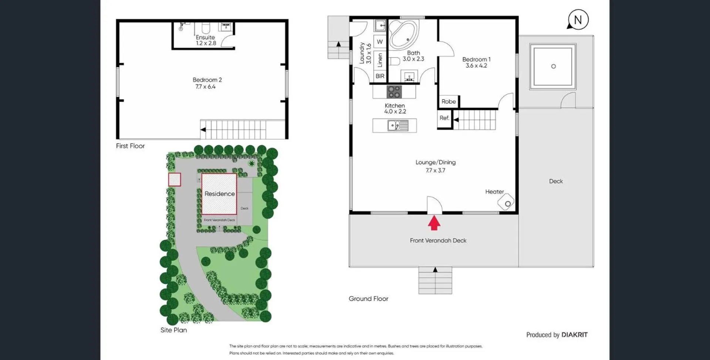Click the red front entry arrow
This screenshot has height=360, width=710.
(x=434, y=223)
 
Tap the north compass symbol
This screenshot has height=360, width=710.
(x=578, y=20)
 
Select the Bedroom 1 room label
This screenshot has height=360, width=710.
(x=476, y=60)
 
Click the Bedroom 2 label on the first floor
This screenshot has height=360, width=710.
(x=207, y=80)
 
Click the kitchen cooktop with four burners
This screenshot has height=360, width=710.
(x=394, y=92)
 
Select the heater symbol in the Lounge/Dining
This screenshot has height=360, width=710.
(x=506, y=202)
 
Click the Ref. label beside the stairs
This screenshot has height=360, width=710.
(x=444, y=118)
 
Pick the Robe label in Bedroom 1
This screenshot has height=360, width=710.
(x=449, y=101)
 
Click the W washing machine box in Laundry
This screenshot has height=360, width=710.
(x=380, y=42)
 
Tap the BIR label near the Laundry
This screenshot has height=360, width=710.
(x=380, y=76)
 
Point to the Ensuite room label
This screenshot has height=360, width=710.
(x=205, y=37)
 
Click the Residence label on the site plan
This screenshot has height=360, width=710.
(x=220, y=194)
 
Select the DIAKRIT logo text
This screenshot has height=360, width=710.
(x=574, y=335)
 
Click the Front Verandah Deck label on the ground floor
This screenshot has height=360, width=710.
(x=438, y=241)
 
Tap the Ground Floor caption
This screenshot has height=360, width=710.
(x=369, y=299)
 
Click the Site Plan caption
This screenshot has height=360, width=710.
(x=174, y=330)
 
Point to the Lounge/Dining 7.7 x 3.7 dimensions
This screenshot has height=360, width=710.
(x=436, y=170)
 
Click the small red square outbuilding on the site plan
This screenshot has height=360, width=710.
(x=175, y=180)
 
